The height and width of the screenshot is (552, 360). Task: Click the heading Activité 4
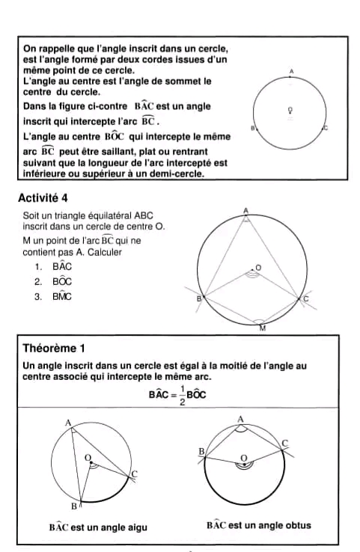44,198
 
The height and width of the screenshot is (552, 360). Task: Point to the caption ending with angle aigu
98,527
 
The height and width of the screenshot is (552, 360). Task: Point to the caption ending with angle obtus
258,525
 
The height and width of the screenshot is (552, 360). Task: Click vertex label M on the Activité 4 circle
262,328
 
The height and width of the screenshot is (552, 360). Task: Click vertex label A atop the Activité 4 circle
245,212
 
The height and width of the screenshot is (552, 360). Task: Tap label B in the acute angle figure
73,507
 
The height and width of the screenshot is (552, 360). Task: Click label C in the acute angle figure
134,474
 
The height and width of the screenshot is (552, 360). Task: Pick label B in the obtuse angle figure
201,452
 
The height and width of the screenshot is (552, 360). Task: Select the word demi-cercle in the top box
177,174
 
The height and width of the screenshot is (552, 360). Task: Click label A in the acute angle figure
68,423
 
